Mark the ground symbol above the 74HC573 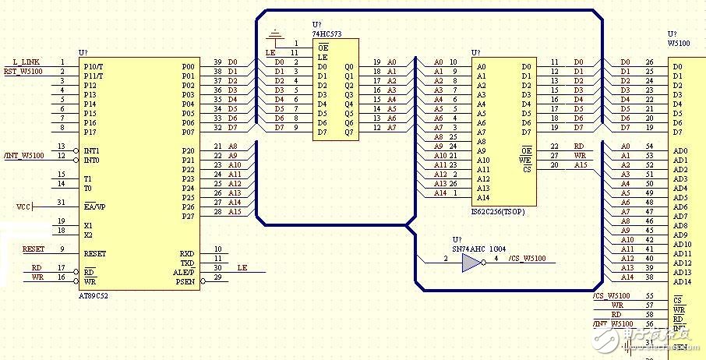click(x=274, y=35)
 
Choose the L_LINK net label click(x=26, y=62)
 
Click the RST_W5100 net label click(x=23, y=72)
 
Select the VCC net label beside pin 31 click(x=23, y=206)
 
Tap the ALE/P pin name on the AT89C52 click(x=184, y=272)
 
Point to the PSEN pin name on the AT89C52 click(x=185, y=281)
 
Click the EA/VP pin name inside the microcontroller click(x=94, y=206)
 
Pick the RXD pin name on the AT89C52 click(x=186, y=253)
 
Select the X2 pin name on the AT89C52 click(x=88, y=235)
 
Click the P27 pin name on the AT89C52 click(x=188, y=216)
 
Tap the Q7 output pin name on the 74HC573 click(x=348, y=132)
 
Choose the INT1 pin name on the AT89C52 click(x=92, y=150)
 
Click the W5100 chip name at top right click(x=679, y=44)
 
